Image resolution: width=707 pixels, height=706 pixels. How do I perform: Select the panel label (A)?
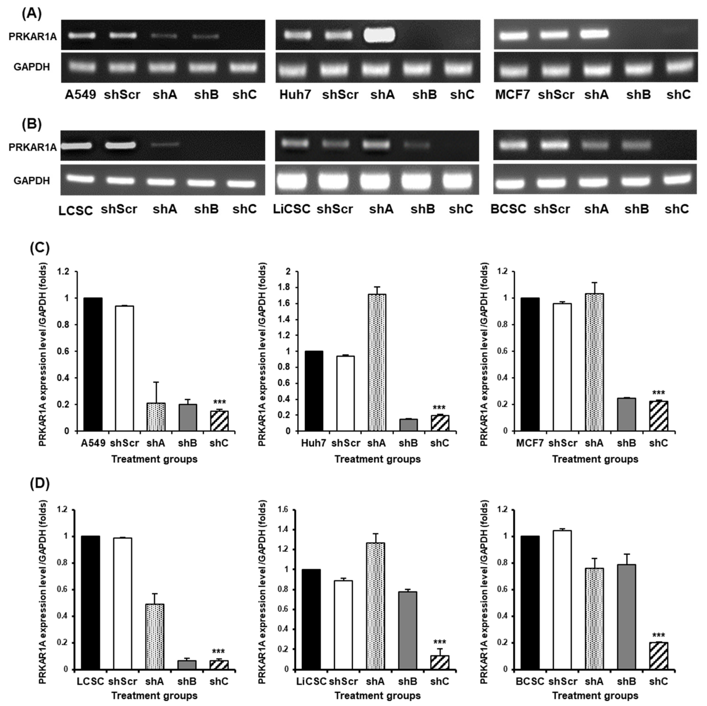click(32, 14)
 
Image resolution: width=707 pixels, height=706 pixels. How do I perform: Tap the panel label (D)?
click(39, 483)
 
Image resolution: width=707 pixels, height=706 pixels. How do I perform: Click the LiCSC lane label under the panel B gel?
click(292, 209)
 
